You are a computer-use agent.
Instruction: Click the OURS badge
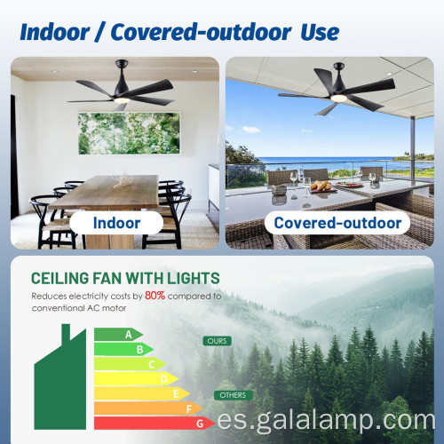pos(216,341)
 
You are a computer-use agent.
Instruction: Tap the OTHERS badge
pos(233,395)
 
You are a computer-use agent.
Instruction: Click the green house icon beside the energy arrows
pos(62,381)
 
